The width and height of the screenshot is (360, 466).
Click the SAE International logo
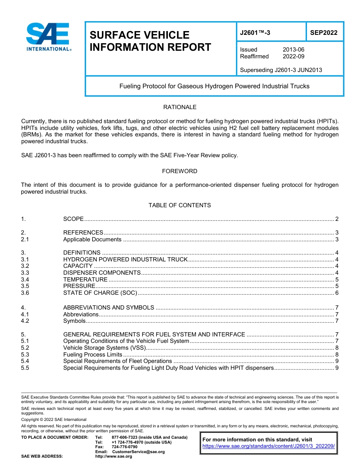(x=48, y=37)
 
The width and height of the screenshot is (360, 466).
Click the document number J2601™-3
(x=255, y=33)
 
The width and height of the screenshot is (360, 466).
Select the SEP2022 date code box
(x=324, y=33)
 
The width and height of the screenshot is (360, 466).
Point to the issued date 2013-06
(x=293, y=50)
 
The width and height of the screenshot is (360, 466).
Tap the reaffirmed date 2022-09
(x=293, y=56)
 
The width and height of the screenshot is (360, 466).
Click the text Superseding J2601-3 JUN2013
(x=281, y=70)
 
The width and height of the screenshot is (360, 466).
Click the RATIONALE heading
(x=180, y=107)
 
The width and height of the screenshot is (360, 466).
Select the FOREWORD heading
(x=180, y=171)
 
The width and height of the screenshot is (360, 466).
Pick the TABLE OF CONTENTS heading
(x=180, y=205)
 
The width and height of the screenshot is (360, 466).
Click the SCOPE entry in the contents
(x=74, y=219)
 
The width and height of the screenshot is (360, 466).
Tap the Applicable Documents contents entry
(x=92, y=239)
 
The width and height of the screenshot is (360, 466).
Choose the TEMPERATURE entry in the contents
(x=85, y=280)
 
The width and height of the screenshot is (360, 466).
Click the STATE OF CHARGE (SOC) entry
(x=100, y=293)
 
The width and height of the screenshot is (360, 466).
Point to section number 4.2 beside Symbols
(x=25, y=321)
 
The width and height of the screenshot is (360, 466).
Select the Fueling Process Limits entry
(x=92, y=355)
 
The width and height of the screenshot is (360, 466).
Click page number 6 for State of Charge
(x=337, y=293)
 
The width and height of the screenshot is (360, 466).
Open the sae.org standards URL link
(x=269, y=446)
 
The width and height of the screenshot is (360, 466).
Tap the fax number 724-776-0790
(x=124, y=447)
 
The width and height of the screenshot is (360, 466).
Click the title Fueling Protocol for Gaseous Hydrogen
(x=214, y=86)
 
